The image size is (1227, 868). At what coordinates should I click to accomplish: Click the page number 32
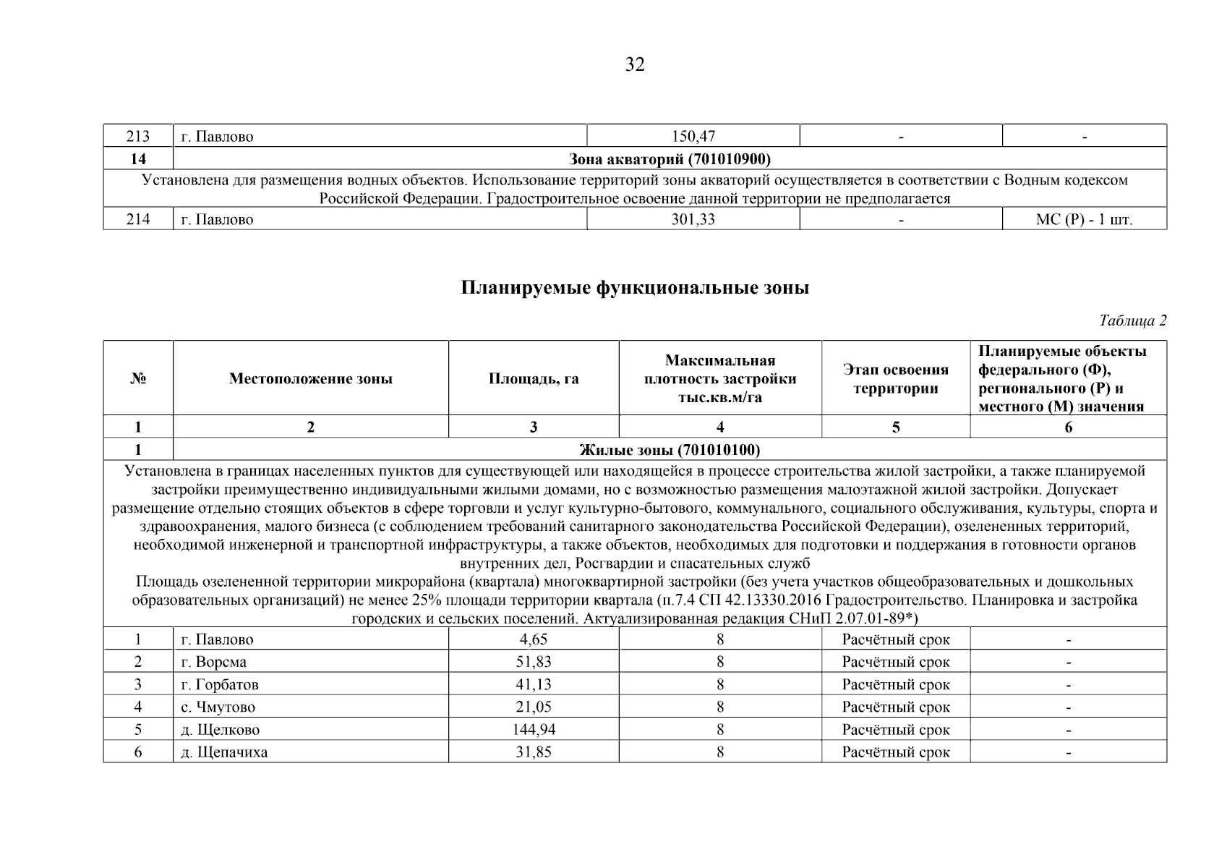coord(634,65)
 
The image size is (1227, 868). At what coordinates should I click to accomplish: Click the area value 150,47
coord(693,137)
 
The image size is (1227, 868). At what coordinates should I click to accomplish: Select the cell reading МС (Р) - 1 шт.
coord(1084,220)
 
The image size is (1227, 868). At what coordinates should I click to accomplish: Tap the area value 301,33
coord(693,220)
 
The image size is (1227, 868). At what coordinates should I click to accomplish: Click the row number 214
coord(138,220)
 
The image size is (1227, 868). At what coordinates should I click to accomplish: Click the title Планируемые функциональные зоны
coord(635,288)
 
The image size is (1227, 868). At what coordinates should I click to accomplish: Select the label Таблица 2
coord(1132,320)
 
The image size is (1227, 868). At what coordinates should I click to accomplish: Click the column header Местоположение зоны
coord(311,379)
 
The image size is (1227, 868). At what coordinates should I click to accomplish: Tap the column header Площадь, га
coord(534,379)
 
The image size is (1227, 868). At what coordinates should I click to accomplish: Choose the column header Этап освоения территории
coord(895,379)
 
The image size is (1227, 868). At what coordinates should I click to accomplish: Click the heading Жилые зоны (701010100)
coord(670,451)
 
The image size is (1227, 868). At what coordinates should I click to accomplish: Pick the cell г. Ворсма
coord(214,663)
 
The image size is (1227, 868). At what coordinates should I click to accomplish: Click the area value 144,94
coord(534,730)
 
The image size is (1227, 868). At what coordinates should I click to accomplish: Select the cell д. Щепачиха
coord(224,752)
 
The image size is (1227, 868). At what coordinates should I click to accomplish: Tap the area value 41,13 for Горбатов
coord(534,685)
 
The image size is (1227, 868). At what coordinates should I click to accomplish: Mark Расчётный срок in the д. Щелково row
coord(895,730)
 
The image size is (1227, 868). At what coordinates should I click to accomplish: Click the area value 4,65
coord(534,640)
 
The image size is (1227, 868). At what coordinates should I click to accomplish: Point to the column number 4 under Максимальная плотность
coord(720,427)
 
